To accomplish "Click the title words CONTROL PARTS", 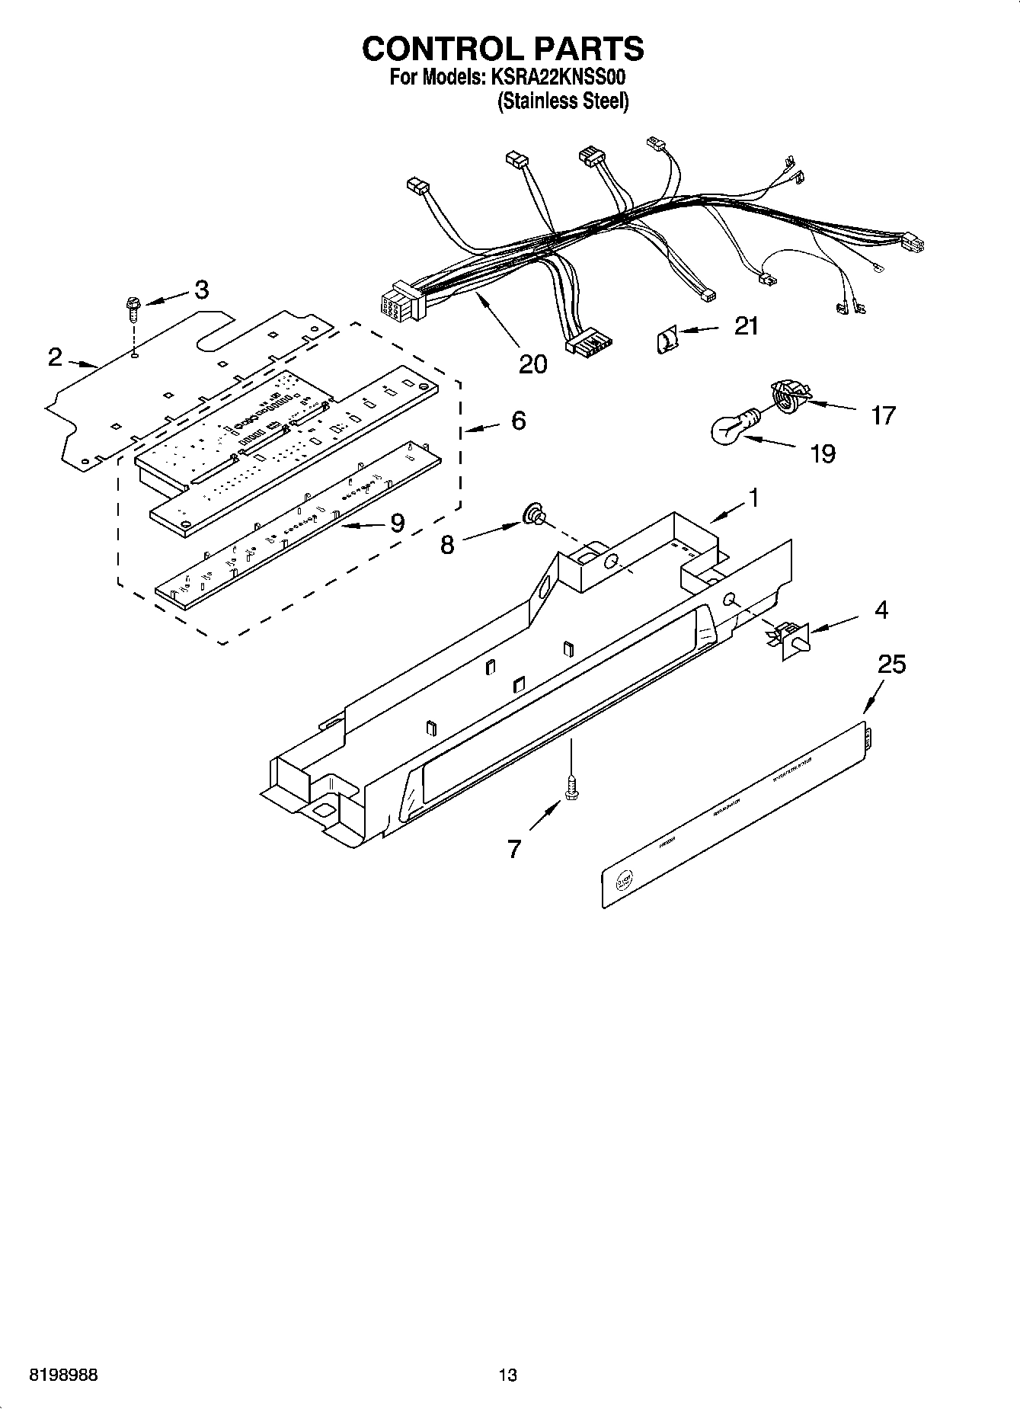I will coord(503,48).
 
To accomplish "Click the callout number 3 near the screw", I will coord(200,290).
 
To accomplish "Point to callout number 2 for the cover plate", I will coord(55,357).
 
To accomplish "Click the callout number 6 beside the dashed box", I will coord(518,420).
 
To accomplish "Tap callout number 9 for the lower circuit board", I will coord(397,523).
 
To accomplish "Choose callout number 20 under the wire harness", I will coord(532,364).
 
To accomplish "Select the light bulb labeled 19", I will coord(732,429).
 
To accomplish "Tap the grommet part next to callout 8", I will coord(534,517).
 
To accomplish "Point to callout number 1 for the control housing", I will coord(753,498).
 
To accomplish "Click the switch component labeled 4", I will coord(790,637).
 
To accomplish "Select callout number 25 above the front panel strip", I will coord(891,664).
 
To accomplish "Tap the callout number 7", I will coord(514,848).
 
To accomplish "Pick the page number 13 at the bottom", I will coord(507,1375).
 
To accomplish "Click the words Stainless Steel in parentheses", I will coord(563,101).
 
